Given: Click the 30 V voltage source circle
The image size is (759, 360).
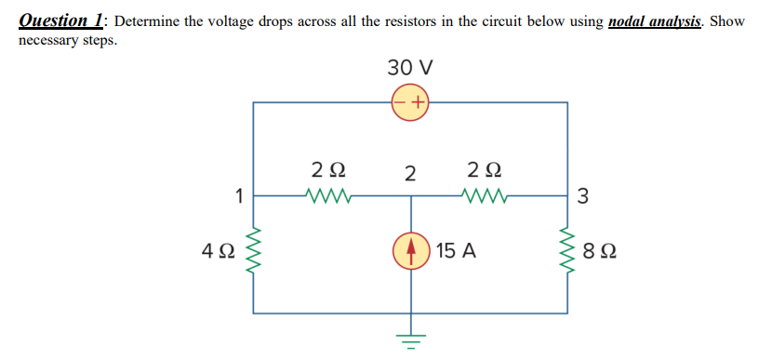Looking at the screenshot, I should tap(409, 101).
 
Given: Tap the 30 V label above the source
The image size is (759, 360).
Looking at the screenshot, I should tap(409, 68).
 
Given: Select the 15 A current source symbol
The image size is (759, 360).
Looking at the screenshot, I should tap(409, 250).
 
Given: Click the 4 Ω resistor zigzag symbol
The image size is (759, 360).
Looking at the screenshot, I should tap(254, 251).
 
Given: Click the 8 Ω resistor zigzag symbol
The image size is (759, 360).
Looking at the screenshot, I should tap(566, 251).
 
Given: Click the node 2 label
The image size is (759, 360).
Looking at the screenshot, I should tap(409, 174).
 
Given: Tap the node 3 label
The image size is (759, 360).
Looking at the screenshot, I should tap(582, 196).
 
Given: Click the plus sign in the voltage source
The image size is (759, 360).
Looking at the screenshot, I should tap(419, 101).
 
